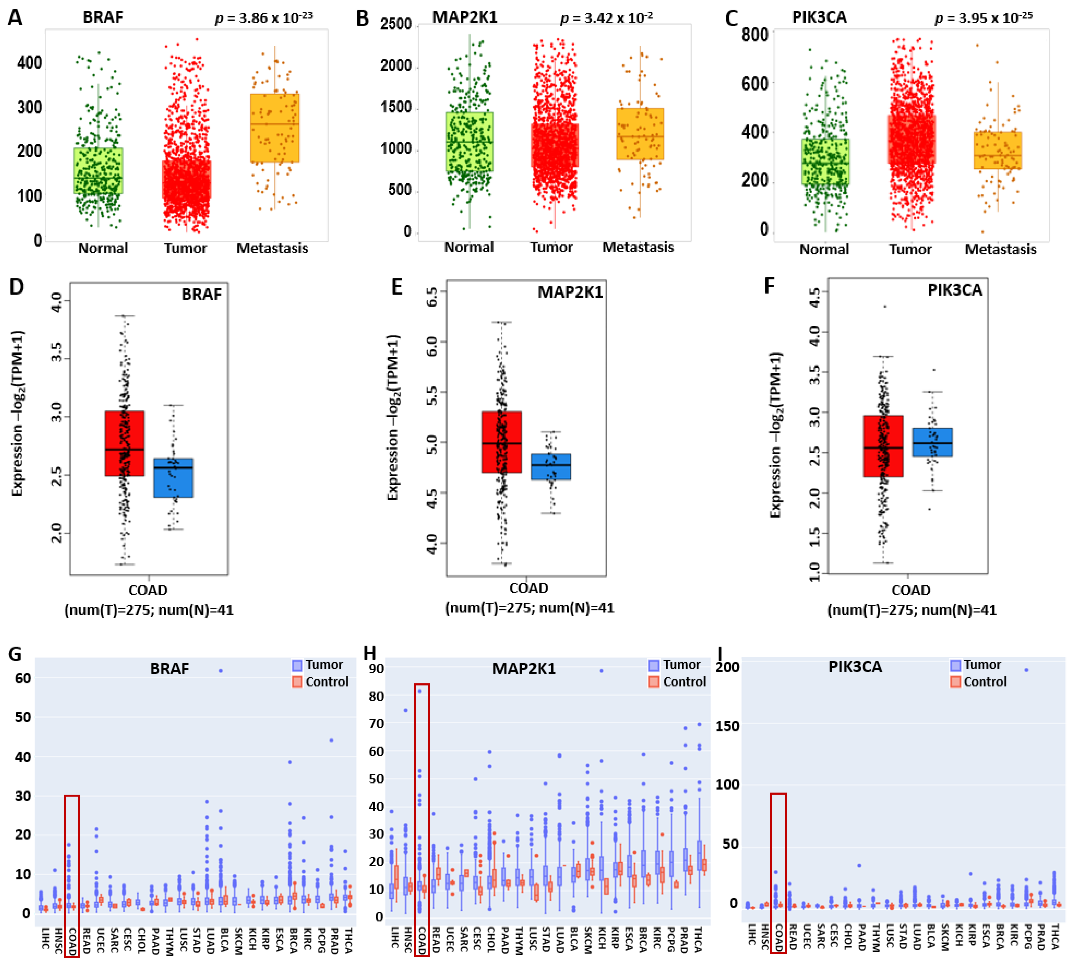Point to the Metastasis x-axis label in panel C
1000,249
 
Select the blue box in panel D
173,477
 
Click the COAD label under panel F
911,590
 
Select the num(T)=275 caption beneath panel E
529,607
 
